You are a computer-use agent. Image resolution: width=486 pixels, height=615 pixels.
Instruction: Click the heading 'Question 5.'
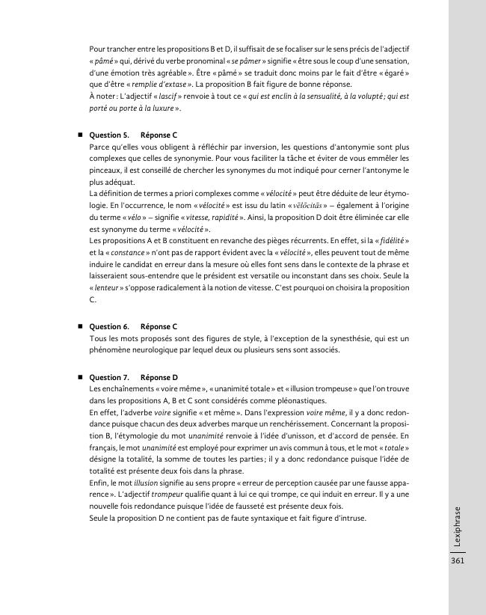click(109, 135)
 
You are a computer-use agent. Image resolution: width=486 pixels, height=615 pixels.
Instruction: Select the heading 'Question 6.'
click(109, 327)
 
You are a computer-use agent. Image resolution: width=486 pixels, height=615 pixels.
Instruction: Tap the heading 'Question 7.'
click(109, 377)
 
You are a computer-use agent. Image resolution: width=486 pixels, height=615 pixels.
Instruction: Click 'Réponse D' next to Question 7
click(159, 377)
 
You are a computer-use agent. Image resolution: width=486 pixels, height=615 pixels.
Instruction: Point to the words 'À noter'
click(101, 97)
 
